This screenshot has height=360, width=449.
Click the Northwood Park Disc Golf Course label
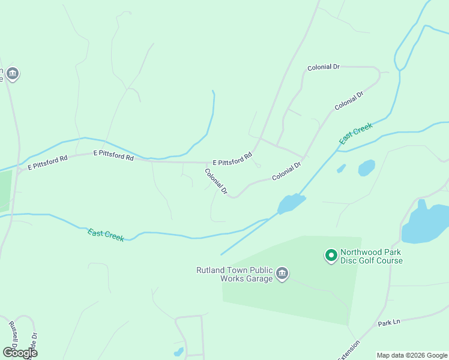coord(371,256)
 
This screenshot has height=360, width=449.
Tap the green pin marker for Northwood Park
coord(330,256)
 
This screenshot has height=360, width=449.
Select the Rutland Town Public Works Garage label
coord(234,274)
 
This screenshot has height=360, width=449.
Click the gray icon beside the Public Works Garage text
coord(283,274)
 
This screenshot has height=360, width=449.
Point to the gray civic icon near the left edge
coord(13,74)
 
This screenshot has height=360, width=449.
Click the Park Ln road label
coord(388,323)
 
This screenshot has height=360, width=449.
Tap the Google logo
coord(20,352)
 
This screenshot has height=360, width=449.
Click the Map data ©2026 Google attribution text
coord(412,355)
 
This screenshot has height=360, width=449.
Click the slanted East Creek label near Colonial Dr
coord(356,133)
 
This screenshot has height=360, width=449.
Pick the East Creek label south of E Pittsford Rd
coord(106,235)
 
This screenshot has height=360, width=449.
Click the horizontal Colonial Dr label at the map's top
coord(324,67)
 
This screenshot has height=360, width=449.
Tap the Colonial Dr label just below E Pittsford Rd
coord(216,181)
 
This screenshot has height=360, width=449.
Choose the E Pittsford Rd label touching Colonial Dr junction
coord(232,160)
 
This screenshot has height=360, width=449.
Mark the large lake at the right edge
coord(427,223)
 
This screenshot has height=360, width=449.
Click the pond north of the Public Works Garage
coord(291,203)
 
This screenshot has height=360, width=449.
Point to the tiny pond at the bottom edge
coord(178,352)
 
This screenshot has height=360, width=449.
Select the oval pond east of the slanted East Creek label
coord(366,167)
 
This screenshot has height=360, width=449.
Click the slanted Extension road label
coord(349,350)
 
